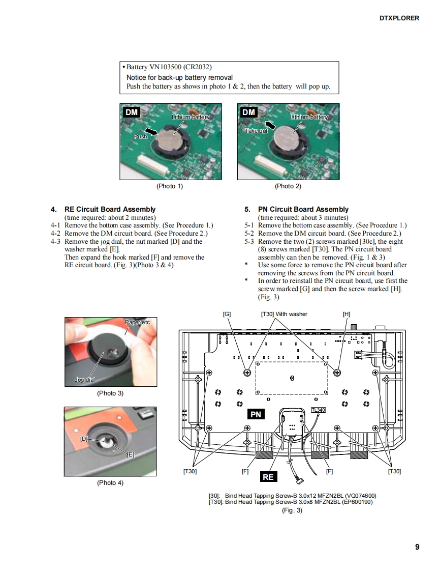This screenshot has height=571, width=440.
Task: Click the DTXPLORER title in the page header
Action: point(399,18)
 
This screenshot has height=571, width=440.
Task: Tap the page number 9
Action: point(417,547)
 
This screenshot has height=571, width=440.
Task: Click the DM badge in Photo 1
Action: point(132,112)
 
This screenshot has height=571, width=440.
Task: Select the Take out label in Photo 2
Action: point(256,131)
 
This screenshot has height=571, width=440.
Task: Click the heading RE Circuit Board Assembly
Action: point(110,209)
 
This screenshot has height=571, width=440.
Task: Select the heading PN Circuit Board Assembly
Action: point(303,209)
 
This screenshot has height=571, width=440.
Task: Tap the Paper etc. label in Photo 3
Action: point(138,322)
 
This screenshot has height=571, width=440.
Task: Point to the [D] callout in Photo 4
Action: point(84,438)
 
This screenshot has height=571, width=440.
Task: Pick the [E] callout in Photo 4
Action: point(131,454)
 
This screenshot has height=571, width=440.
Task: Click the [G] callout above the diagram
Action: point(227,314)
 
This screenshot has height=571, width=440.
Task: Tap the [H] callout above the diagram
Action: point(347,314)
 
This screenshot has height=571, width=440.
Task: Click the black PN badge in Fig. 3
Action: point(256,414)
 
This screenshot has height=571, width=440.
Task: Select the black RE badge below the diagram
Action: point(268,476)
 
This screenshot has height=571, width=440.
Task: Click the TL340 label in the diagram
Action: point(318,410)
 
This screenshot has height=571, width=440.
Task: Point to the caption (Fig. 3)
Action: point(292,510)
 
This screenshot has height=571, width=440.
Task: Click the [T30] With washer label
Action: point(284,314)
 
